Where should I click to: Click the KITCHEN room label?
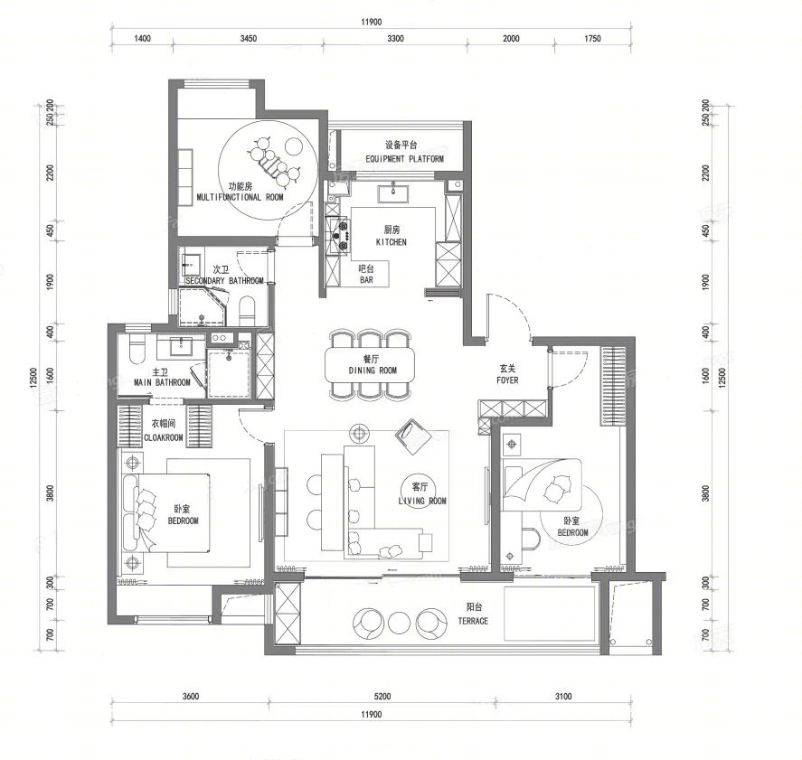pyautogui.click(x=392, y=242)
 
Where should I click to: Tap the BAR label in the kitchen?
pyautogui.click(x=366, y=280)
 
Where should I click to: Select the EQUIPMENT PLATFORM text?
pyautogui.click(x=404, y=159)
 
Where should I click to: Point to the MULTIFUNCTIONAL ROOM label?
pyautogui.click(x=240, y=197)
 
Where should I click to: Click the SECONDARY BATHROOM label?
pyautogui.click(x=224, y=281)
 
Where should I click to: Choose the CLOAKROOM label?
pyautogui.click(x=163, y=437)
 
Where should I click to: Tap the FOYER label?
pyautogui.click(x=507, y=380)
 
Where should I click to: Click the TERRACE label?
pyautogui.click(x=472, y=621)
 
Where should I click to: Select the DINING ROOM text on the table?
pyautogui.click(x=373, y=371)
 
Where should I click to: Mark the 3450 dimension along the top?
pyautogui.click(x=249, y=39)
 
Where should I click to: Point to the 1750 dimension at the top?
pyautogui.click(x=592, y=39)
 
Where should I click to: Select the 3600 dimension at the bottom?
pyautogui.click(x=190, y=696)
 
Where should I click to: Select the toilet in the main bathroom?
pyautogui.click(x=135, y=349)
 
